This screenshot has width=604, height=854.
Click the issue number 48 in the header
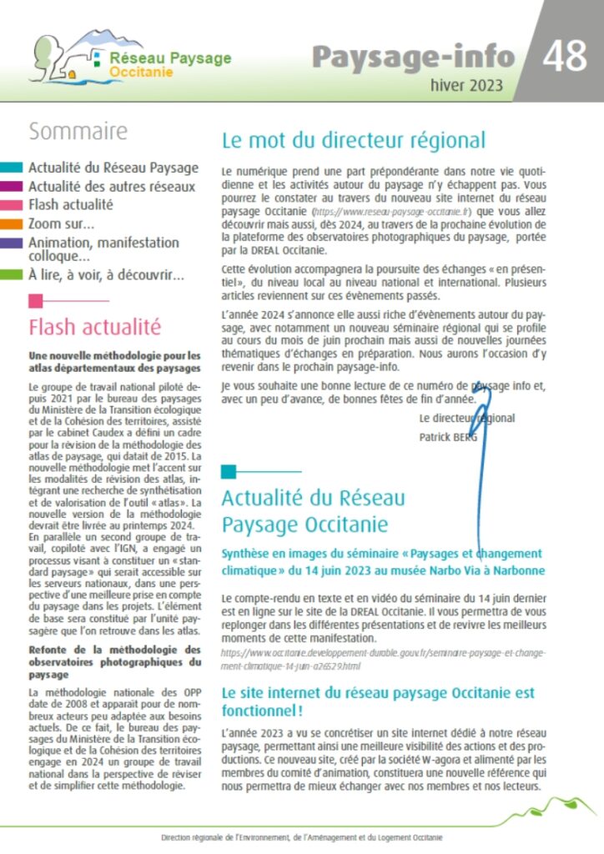tap(568, 56)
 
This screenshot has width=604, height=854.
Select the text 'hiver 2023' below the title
tap(466, 85)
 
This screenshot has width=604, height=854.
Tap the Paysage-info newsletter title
tap(413, 56)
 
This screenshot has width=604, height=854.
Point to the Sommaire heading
tap(78, 132)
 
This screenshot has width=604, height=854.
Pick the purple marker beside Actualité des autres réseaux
tap(12, 187)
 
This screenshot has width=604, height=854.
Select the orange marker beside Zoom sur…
tap(12, 224)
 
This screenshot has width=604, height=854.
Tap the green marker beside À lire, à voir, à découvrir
tap(12, 274)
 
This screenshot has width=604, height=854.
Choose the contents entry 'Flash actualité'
tap(70, 204)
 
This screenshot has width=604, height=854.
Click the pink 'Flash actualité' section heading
tap(94, 326)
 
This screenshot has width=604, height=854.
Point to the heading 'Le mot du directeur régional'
tap(353, 140)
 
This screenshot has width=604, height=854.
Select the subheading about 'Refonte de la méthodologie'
tap(114, 662)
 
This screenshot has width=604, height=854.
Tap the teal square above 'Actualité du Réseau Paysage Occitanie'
tap(228, 472)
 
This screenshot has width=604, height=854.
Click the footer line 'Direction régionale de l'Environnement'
tap(302, 837)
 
